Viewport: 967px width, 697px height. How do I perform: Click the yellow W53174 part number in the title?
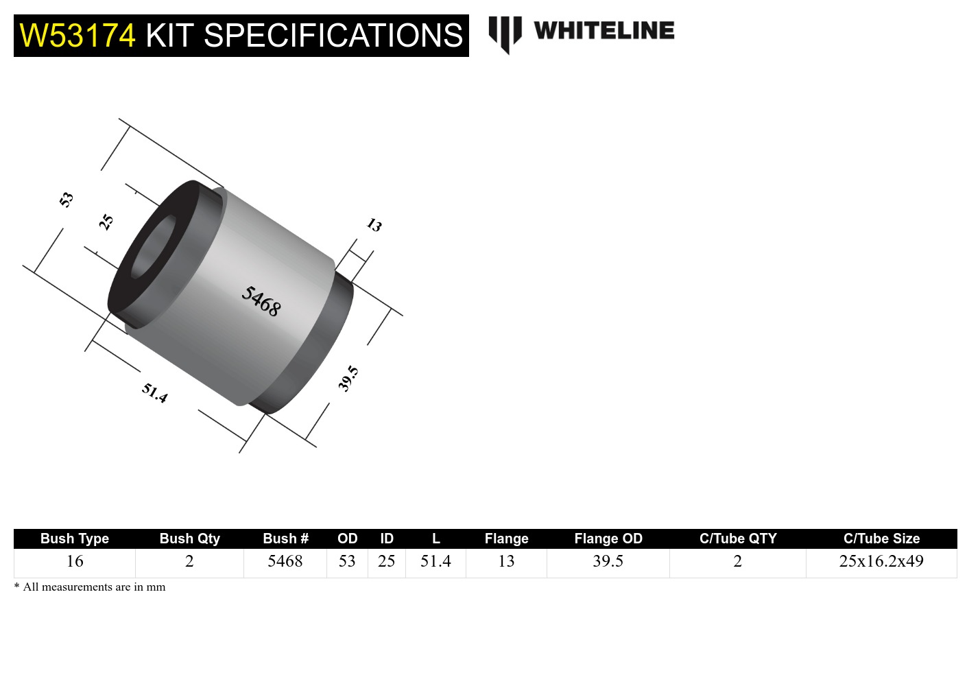pyautogui.click(x=77, y=36)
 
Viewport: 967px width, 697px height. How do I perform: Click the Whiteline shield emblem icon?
pyautogui.click(x=505, y=33)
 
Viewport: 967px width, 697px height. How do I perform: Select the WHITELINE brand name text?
pyautogui.click(x=604, y=31)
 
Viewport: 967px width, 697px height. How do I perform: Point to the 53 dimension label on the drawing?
pyautogui.click(x=66, y=200)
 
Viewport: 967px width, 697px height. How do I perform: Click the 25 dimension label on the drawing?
pyautogui.click(x=106, y=222)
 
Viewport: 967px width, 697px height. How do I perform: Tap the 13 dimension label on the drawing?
pyautogui.click(x=374, y=225)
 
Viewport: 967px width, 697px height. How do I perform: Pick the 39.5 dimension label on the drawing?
pyautogui.click(x=348, y=378)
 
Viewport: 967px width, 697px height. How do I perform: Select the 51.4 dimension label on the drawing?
pyautogui.click(x=154, y=393)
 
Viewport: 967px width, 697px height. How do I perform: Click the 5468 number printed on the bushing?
pyautogui.click(x=261, y=301)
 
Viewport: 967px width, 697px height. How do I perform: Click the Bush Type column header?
pyautogui.click(x=74, y=539)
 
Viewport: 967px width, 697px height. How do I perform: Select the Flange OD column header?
pyautogui.click(x=608, y=539)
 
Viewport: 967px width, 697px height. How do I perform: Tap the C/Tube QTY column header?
pyautogui.click(x=737, y=539)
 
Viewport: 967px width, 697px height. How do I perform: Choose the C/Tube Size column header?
pyautogui.click(x=881, y=539)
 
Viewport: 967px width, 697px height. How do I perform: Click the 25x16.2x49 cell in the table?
pyautogui.click(x=881, y=561)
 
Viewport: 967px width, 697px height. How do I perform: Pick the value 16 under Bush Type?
pyautogui.click(x=74, y=561)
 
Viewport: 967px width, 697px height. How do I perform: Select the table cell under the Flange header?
pyautogui.click(x=506, y=561)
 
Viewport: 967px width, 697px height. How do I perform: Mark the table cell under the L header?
pyautogui.click(x=435, y=561)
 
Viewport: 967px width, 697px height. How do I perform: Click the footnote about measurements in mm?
pyautogui.click(x=90, y=587)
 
